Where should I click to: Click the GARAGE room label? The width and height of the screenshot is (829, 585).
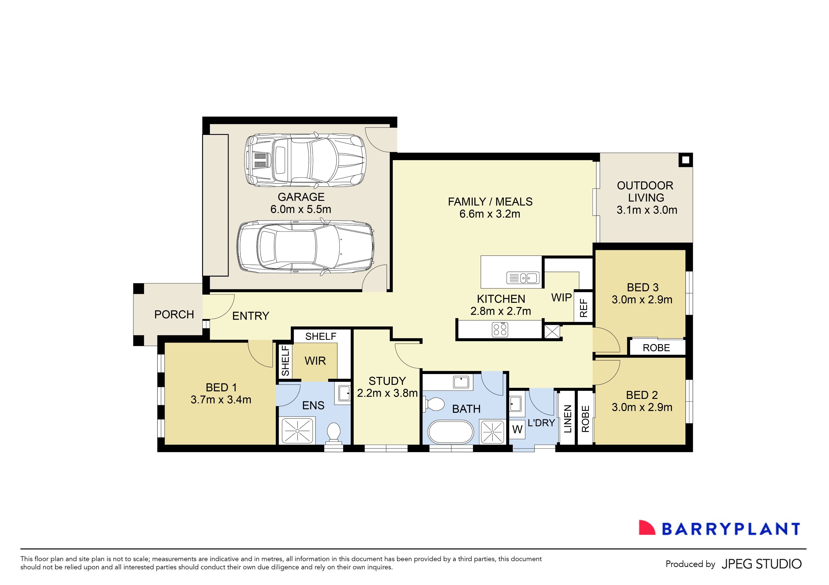(301, 197)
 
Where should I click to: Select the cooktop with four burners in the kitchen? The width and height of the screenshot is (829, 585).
(500, 329)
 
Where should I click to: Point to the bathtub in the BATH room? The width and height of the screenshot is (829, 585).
(450, 432)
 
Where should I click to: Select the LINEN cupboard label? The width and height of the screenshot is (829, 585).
(567, 419)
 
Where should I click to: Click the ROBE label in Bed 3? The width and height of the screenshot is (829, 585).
(656, 348)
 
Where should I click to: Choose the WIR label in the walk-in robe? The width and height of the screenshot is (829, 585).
(315, 361)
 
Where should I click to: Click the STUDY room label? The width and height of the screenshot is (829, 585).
(387, 381)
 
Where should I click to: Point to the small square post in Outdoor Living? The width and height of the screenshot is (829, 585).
(686, 159)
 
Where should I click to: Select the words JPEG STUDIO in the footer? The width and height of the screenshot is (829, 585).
(761, 564)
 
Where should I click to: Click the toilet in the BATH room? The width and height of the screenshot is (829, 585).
(434, 404)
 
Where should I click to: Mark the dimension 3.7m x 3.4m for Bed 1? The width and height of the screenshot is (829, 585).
(221, 400)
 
